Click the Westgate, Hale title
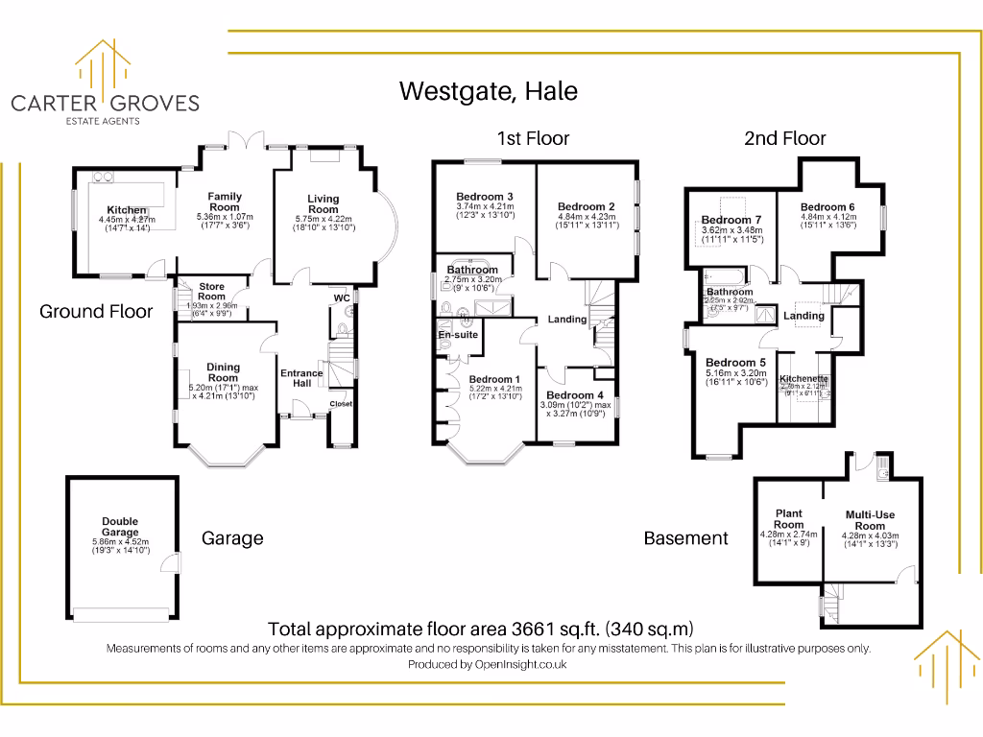click(489, 91)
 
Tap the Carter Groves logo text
click(105, 103)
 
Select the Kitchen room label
click(127, 210)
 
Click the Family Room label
click(225, 202)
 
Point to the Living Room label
click(324, 204)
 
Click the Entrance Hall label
click(301, 378)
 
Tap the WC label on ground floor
click(341, 297)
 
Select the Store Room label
click(211, 292)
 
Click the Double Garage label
click(120, 527)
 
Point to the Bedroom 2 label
click(586, 206)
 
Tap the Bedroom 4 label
click(575, 394)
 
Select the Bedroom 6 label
click(827, 207)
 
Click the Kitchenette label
click(803, 379)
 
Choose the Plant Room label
click(788, 519)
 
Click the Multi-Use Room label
click(870, 520)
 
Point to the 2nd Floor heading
click(784, 138)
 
